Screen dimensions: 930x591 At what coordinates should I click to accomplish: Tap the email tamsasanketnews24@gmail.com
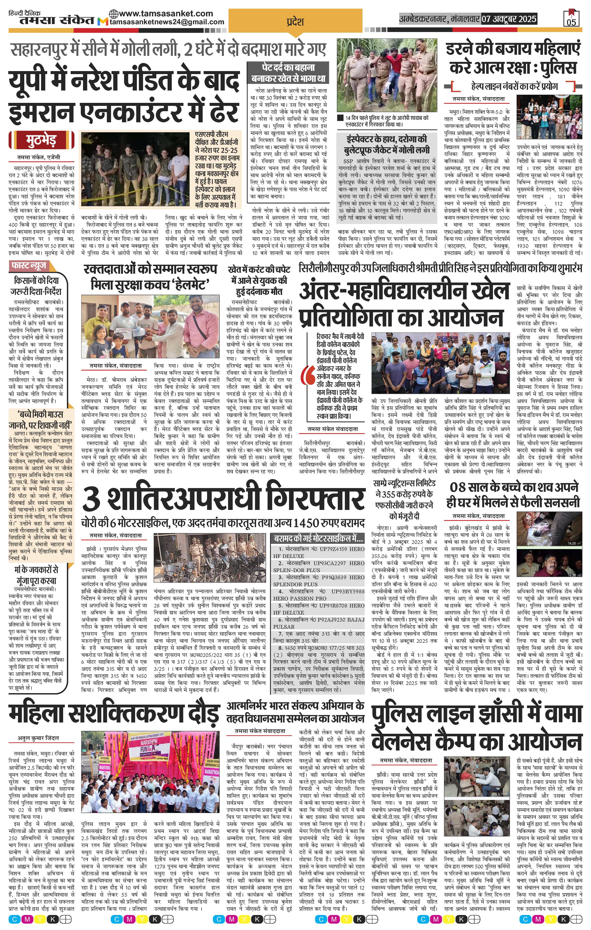(167, 22)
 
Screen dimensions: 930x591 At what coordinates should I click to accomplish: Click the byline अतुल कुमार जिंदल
(38, 738)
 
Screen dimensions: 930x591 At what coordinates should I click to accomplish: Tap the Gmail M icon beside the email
(103, 22)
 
